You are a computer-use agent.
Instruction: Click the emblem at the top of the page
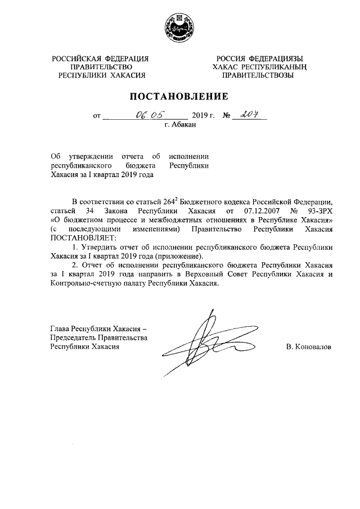point(180,28)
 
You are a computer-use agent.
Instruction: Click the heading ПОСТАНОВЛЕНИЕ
point(180,96)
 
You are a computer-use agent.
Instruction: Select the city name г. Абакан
point(180,127)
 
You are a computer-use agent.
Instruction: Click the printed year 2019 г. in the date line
point(204,116)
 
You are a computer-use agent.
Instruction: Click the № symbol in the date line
point(228,116)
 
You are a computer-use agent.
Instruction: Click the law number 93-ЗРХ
point(319,210)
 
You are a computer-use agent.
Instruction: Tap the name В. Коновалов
point(309,347)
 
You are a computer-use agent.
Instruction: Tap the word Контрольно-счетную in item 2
point(82,283)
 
